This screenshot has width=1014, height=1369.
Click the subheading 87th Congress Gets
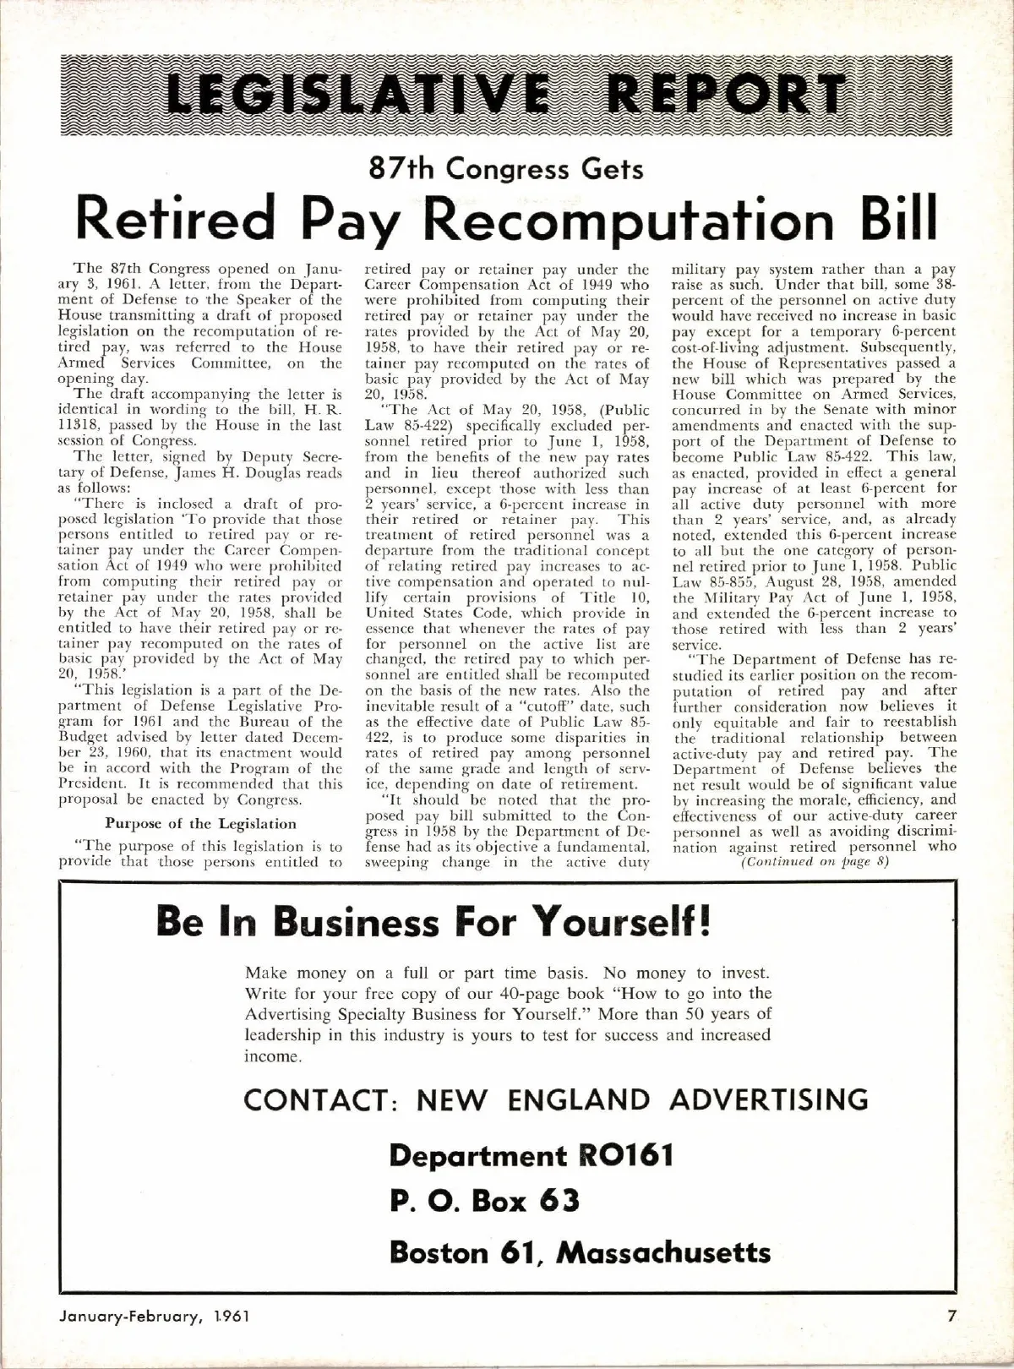tap(506, 169)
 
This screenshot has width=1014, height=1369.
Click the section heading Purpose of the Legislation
tap(200, 824)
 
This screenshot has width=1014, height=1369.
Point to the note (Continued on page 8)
tap(814, 862)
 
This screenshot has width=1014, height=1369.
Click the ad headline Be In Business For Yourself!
tap(433, 921)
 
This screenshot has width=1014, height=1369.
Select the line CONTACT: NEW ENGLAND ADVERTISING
tap(555, 1099)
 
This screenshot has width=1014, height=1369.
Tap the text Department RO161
tap(531, 1155)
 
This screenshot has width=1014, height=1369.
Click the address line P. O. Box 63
tap(484, 1201)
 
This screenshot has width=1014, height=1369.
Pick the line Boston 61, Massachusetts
tap(580, 1252)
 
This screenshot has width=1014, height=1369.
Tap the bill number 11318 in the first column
tap(77, 426)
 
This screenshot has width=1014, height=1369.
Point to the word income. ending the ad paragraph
tap(273, 1056)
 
